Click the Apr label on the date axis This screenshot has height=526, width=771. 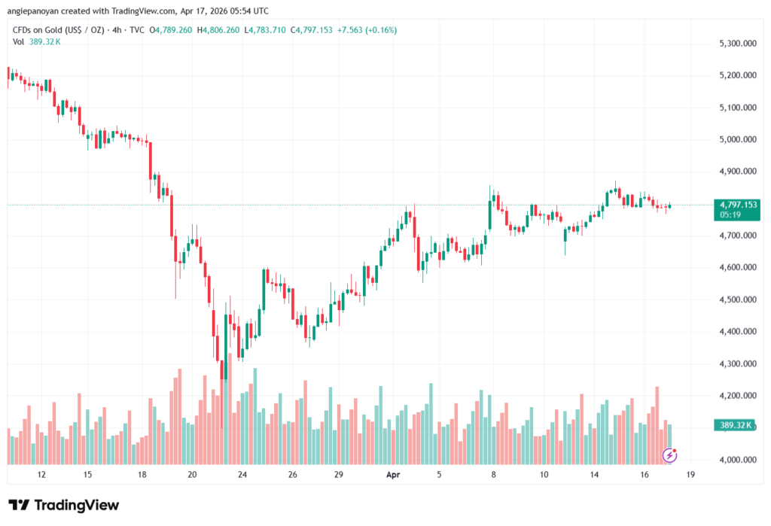click(392, 475)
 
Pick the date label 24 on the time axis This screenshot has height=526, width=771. click(242, 475)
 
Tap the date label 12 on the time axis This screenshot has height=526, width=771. click(41, 475)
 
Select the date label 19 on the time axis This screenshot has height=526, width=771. click(690, 475)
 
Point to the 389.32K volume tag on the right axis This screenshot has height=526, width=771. click(736, 425)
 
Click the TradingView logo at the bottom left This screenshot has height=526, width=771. click(63, 505)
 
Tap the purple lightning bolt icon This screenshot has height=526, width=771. click(668, 455)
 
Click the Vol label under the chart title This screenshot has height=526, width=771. click(20, 41)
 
